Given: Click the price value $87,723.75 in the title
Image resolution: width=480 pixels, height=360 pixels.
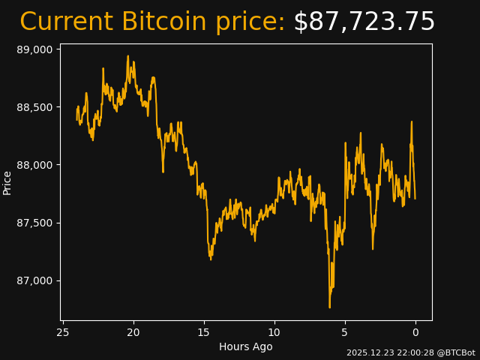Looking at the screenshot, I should [x=364, y=22].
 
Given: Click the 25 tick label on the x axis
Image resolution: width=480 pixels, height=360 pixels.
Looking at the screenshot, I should [x=63, y=332].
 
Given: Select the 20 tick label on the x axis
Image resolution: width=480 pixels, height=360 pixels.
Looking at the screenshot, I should [x=133, y=332].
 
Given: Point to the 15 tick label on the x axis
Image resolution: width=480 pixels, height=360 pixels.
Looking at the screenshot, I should [x=204, y=332].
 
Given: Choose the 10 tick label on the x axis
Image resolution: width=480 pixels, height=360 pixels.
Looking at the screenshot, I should [x=274, y=332].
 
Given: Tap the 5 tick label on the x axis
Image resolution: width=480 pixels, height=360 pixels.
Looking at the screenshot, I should [x=345, y=332].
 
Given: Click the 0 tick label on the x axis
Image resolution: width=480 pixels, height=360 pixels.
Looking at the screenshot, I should [x=415, y=332].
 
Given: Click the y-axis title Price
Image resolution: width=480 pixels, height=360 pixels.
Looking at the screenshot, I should [x=7, y=182].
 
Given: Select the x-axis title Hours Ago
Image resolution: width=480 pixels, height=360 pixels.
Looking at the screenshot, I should [x=246, y=346].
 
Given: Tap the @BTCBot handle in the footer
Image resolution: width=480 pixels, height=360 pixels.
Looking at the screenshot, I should [x=455, y=352].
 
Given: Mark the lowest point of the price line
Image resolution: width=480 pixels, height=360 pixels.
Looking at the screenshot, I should [x=329, y=307].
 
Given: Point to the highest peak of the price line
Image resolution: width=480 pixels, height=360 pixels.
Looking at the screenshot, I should [x=127, y=56].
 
